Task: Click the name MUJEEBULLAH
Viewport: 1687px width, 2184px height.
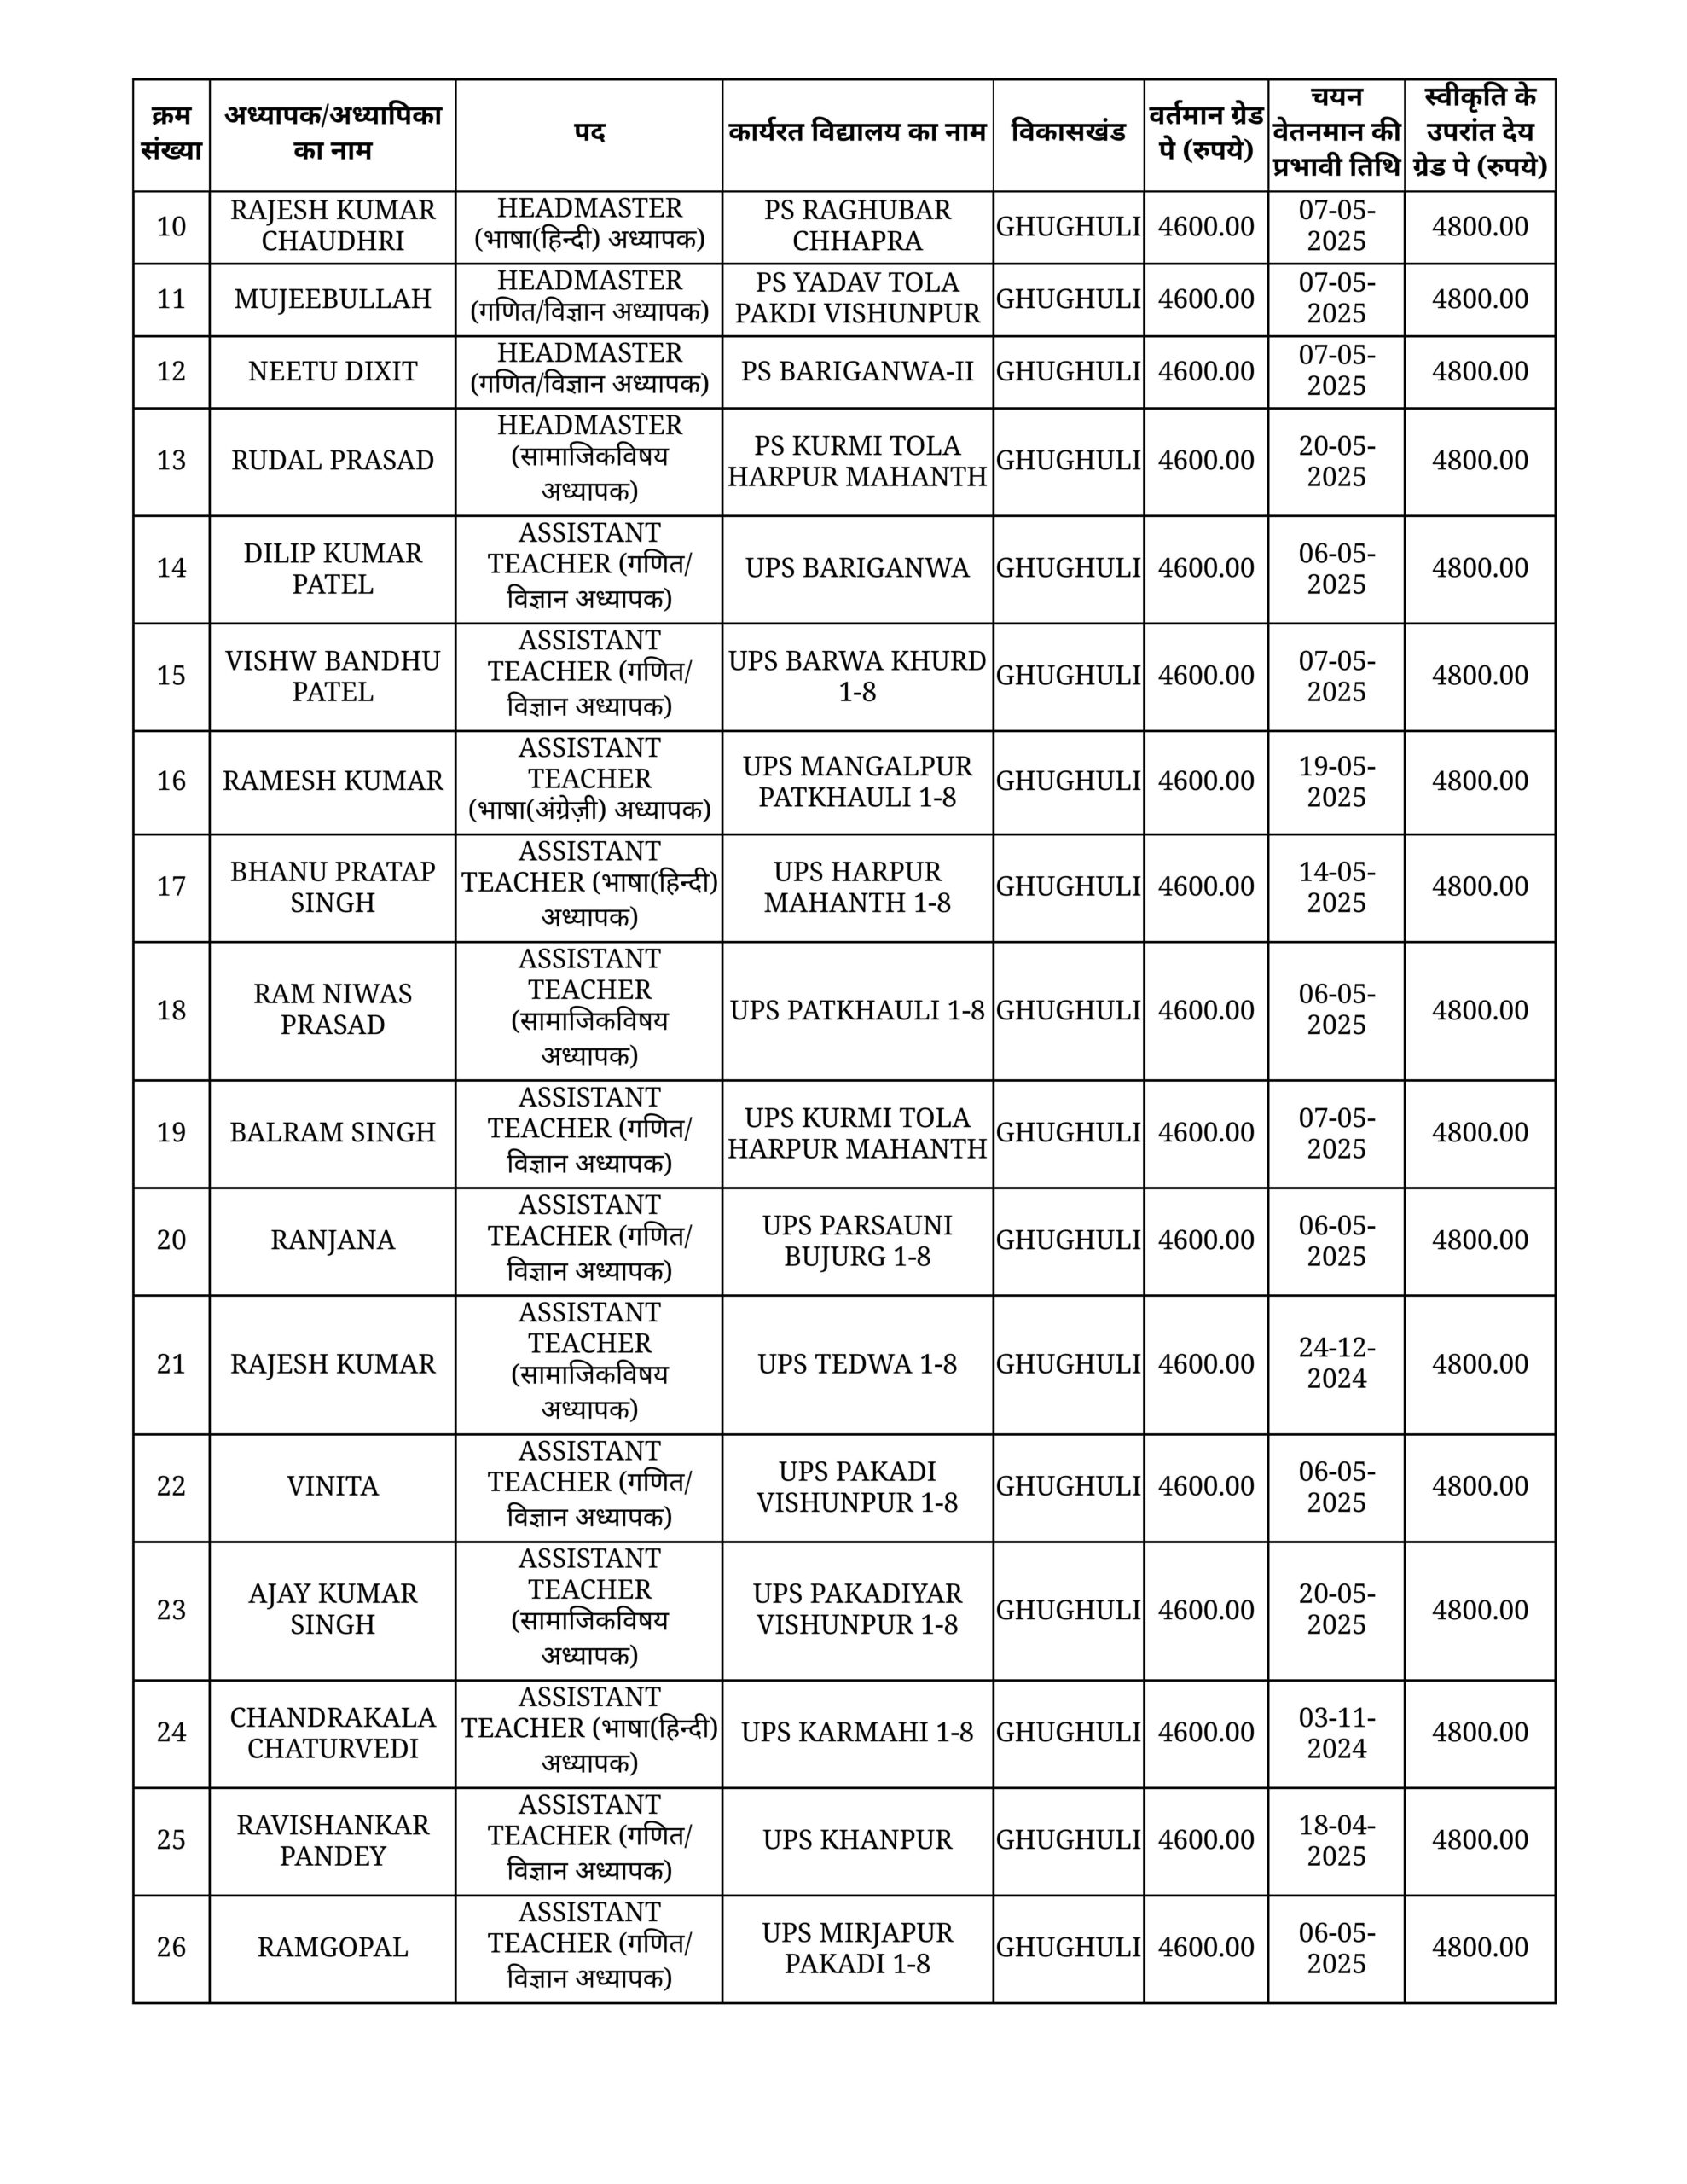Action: tap(332, 299)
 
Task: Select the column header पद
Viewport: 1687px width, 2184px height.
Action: tap(589, 134)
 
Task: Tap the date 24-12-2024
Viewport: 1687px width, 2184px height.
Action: tap(1336, 1363)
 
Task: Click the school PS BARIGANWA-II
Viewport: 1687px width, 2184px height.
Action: tap(857, 372)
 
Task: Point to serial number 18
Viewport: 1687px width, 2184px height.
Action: tap(171, 1010)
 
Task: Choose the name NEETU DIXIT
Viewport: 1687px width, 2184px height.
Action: tap(332, 372)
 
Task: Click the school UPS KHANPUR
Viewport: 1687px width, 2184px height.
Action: tap(857, 1839)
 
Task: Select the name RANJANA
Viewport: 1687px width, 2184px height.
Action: tap(332, 1240)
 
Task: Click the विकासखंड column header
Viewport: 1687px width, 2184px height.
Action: tap(1068, 134)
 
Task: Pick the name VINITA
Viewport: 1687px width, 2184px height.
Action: tap(332, 1486)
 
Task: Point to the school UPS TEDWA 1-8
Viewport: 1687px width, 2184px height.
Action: tap(857, 1364)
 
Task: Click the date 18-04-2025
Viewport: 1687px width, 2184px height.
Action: tap(1336, 1839)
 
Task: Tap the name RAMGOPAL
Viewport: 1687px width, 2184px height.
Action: tap(332, 1947)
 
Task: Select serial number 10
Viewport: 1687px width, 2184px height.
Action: tap(171, 227)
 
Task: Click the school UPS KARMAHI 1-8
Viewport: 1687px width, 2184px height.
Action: tap(857, 1732)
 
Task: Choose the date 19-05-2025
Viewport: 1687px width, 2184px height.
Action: tap(1336, 781)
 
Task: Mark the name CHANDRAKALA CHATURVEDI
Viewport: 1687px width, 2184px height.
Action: tap(332, 1732)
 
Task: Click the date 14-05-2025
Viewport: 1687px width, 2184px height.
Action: tap(1336, 886)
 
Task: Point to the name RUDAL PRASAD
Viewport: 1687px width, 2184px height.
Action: tap(332, 461)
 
